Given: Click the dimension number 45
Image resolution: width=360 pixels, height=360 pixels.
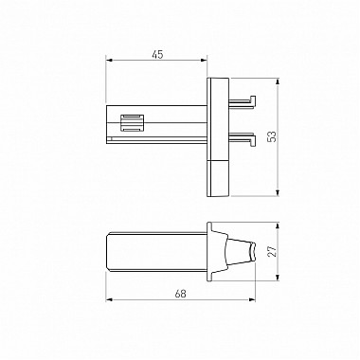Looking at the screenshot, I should click(156, 55).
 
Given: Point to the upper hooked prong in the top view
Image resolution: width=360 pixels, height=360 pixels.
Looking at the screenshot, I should click(243, 99).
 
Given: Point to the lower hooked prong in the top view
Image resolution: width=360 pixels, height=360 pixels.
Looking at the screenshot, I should click(243, 139).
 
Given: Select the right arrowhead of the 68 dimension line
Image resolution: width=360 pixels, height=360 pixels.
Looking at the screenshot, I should click(258, 300).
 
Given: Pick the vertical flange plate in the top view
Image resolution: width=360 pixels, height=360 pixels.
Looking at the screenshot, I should click(219, 137).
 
